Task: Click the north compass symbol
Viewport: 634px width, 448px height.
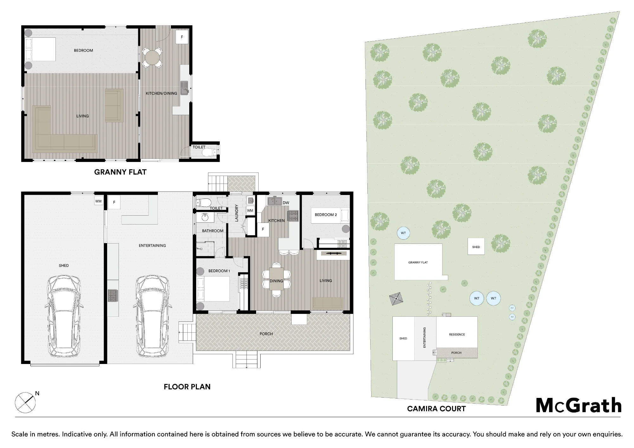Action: coord(26,402)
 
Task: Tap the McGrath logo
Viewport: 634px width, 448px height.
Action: coord(579,405)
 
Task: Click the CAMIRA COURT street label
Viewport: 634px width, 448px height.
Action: coord(436,409)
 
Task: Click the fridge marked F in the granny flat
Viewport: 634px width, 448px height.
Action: coord(182,37)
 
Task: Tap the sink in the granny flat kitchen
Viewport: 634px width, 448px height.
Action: coord(184,88)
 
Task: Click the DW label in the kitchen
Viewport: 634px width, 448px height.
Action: coord(286,203)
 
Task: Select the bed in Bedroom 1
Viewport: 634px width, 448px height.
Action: coord(213,289)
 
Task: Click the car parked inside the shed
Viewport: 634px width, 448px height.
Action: coord(64,316)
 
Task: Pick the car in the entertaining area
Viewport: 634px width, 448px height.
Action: coord(152,316)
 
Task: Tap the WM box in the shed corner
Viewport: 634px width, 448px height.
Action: coord(99,201)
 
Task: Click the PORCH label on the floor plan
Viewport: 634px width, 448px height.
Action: coord(266,334)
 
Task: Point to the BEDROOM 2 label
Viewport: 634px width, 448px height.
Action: coord(326,215)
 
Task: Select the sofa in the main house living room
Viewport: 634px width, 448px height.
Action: coord(328,303)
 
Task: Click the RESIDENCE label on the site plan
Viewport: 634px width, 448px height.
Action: coord(457,334)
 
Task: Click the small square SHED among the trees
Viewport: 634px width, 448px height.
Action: coord(476,246)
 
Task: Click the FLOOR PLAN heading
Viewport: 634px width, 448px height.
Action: coord(187,387)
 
